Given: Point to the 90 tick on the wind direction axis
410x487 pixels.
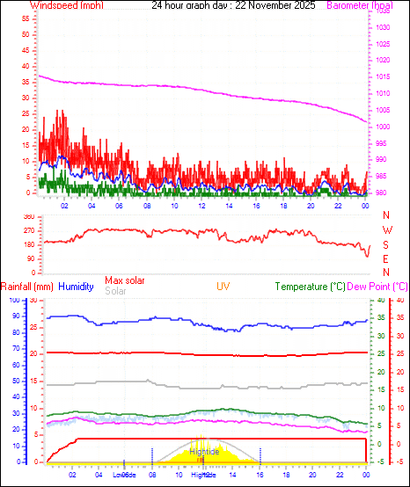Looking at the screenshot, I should point(30,258).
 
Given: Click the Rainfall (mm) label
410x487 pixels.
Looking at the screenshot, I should point(27,287).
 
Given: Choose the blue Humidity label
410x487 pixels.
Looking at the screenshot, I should point(76,287).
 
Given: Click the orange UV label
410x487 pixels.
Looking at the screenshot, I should point(223,287).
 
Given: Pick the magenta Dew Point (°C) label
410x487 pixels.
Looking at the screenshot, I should point(377,287).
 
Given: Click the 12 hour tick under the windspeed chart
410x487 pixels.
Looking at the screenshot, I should point(202,206).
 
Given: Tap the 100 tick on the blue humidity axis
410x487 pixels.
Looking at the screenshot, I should point(13,300).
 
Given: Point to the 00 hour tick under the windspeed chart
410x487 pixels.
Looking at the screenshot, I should point(366,206).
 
